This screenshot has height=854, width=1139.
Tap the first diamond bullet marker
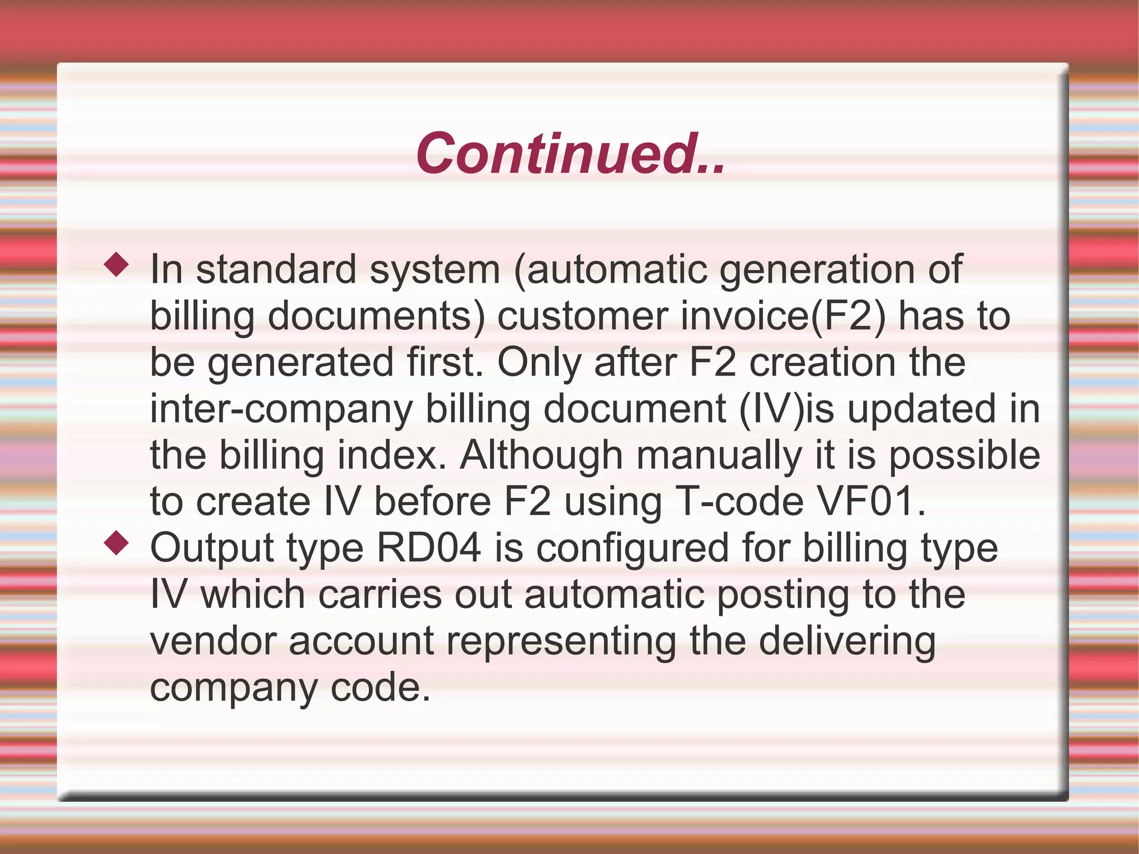click(x=117, y=265)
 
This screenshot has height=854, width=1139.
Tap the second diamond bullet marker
click(x=117, y=544)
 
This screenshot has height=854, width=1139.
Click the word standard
click(x=276, y=269)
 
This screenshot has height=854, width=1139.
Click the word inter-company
click(x=281, y=409)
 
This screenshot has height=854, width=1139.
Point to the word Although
click(x=541, y=456)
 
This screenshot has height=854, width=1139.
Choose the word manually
click(x=719, y=456)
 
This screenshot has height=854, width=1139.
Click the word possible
click(x=964, y=456)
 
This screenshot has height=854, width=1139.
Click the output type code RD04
click(x=429, y=549)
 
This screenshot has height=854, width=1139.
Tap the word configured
click(x=632, y=549)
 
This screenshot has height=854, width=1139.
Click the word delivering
click(x=847, y=641)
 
